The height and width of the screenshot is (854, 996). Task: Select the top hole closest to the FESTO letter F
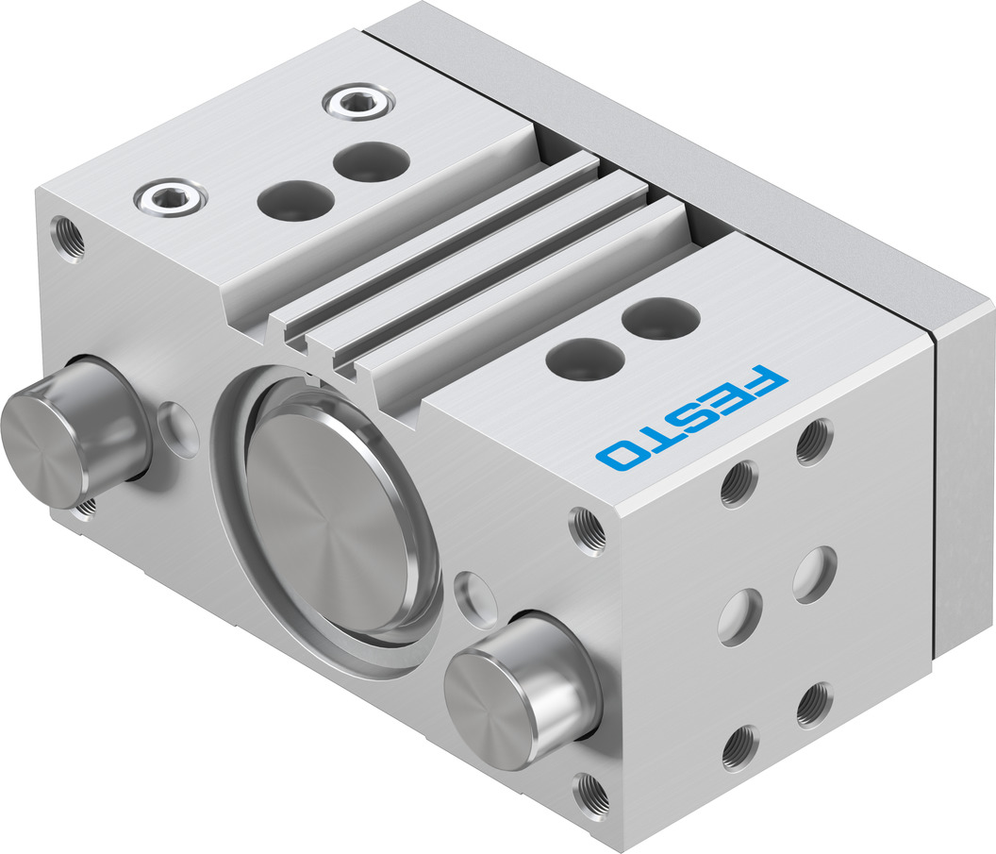click(x=661, y=316)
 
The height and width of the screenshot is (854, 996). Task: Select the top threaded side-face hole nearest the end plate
click(x=813, y=440)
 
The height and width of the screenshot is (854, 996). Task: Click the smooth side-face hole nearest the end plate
click(x=813, y=574)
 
